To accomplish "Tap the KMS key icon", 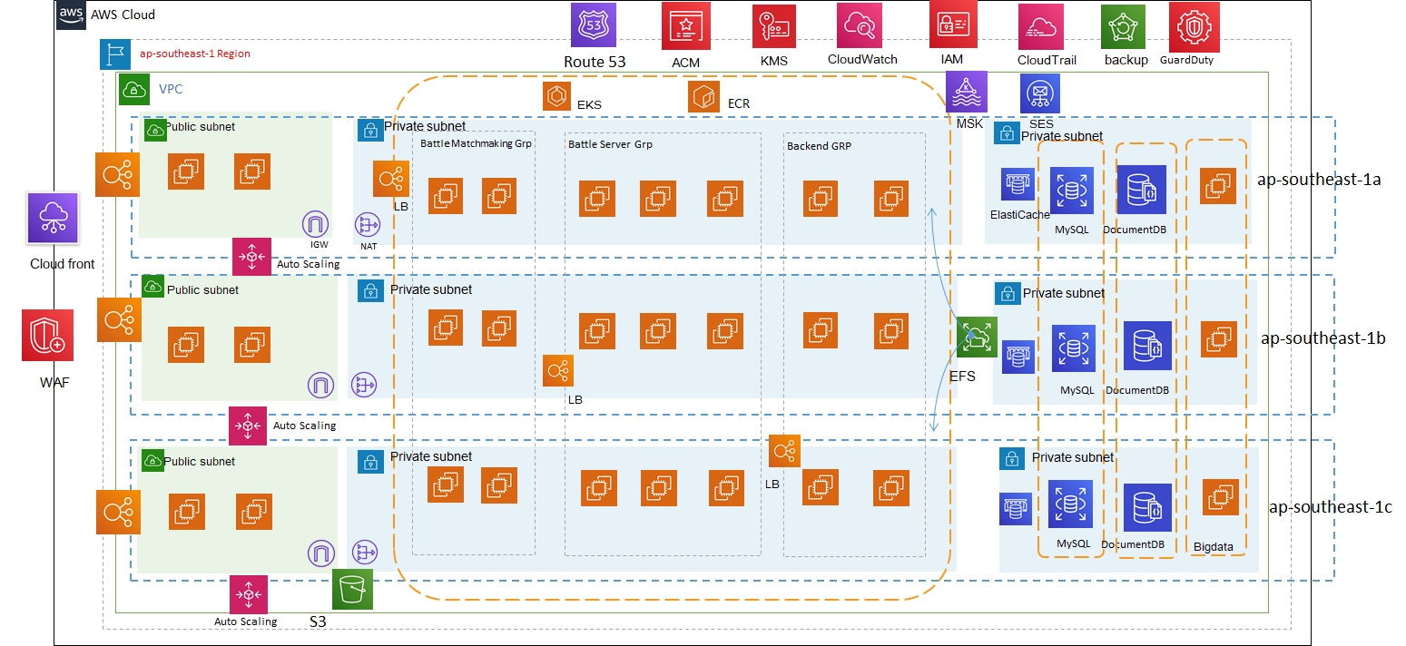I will click(x=773, y=26).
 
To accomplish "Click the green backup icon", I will click(x=1123, y=27).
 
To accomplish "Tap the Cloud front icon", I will click(x=52, y=218).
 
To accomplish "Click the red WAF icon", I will click(x=48, y=335).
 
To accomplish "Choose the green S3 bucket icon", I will click(x=353, y=590).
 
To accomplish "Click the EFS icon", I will click(x=977, y=338).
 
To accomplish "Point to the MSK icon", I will click(x=966, y=92).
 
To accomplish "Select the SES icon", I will click(x=1040, y=93).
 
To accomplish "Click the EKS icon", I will click(x=556, y=95).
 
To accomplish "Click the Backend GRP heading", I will click(x=819, y=145).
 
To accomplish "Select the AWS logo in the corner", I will click(x=71, y=15).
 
